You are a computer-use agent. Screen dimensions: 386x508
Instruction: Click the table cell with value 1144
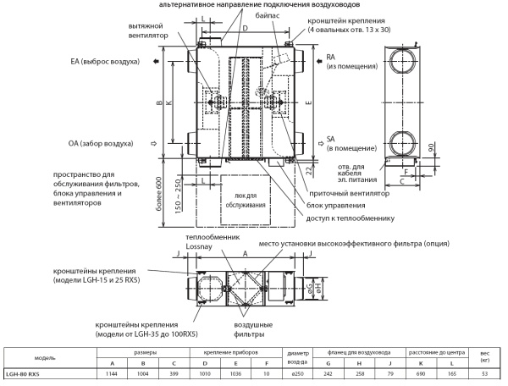pos(110,372)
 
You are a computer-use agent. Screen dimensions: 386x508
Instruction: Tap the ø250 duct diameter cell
pos(296,372)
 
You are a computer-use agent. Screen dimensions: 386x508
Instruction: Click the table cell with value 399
pos(174,372)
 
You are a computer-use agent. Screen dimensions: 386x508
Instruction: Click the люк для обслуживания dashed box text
pos(246,201)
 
